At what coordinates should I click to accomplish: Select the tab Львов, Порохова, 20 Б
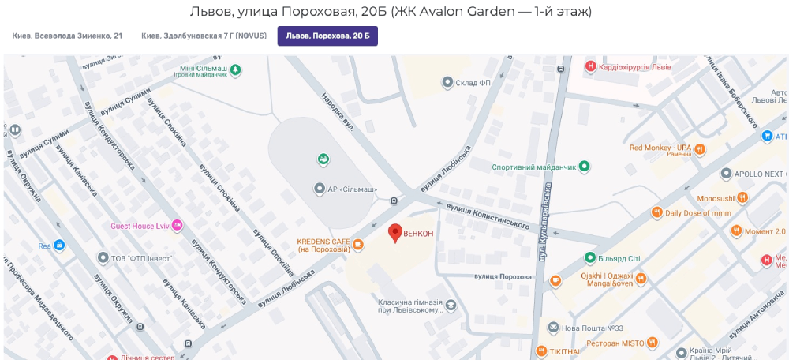coord(327,36)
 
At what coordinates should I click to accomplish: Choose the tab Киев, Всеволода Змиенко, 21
coord(67,36)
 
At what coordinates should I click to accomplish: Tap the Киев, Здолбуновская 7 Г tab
coord(204,36)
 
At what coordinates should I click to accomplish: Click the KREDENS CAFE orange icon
coord(358,245)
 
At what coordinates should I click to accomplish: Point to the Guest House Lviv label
coord(140,226)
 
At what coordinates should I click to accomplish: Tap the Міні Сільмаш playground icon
coord(235,70)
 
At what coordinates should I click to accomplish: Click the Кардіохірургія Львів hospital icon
coord(589,67)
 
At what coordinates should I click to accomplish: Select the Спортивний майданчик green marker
coord(584,167)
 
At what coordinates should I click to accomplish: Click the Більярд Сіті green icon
coord(589,257)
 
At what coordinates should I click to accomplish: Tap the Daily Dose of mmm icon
coord(656,212)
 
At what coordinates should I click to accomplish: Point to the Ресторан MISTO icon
coord(652,343)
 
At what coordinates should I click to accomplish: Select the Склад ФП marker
coord(447,82)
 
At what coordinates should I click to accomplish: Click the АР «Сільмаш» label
coord(352,189)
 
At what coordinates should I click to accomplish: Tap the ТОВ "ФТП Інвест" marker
coord(103,257)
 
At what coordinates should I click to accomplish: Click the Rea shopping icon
coord(58,246)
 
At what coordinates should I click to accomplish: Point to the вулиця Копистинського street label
coord(487,215)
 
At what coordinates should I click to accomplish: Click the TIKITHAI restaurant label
coord(564,351)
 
